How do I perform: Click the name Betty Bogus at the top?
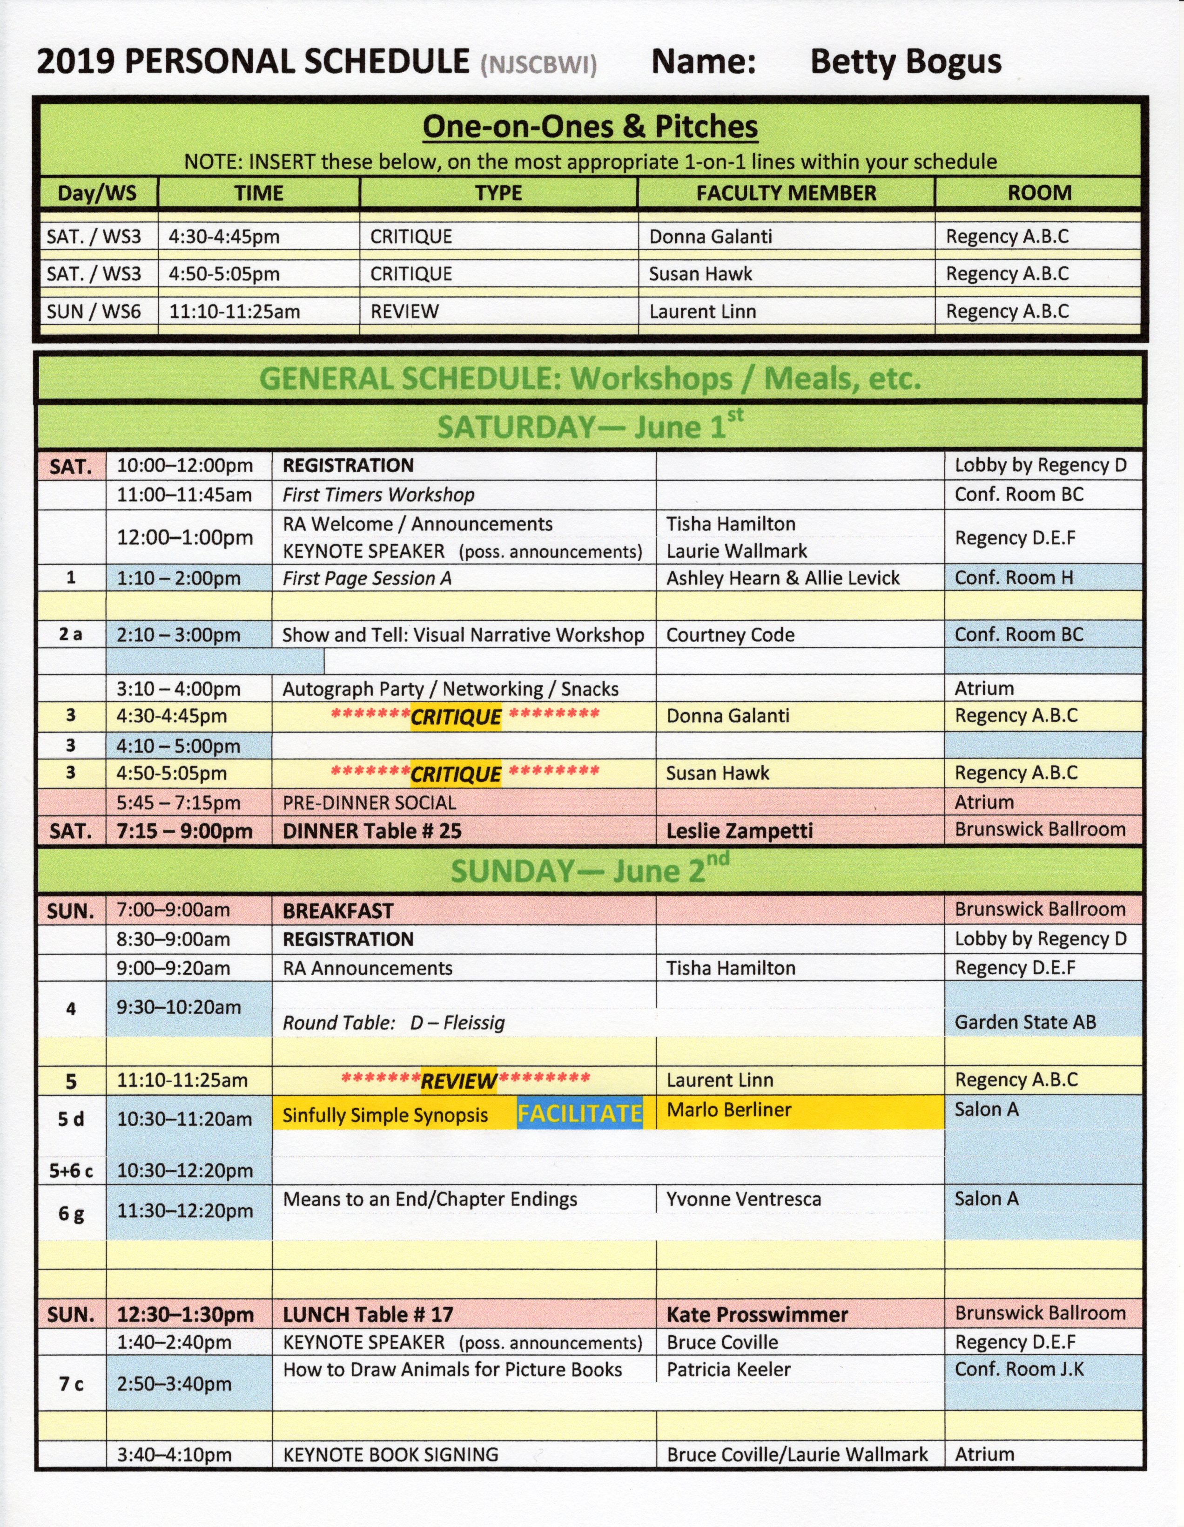tap(905, 62)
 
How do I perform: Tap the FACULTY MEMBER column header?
tap(786, 193)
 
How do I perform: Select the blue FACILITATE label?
tap(579, 1113)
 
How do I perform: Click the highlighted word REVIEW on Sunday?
tap(458, 1081)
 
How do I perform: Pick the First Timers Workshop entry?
tap(378, 495)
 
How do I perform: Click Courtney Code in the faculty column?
tap(730, 635)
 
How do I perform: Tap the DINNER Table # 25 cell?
tap(372, 831)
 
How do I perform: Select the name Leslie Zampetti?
tap(740, 831)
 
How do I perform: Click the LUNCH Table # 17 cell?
tap(368, 1315)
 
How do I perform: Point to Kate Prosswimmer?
tap(757, 1315)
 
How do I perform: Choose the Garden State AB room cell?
tap(1025, 1022)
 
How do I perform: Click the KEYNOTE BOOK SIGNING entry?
tap(390, 1454)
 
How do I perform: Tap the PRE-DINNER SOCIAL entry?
tap(369, 803)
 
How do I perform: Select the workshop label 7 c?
tap(71, 1384)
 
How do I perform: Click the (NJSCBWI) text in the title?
tap(538, 66)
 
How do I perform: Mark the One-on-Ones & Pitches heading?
tap(590, 127)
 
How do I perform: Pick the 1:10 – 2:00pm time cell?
tap(178, 578)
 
